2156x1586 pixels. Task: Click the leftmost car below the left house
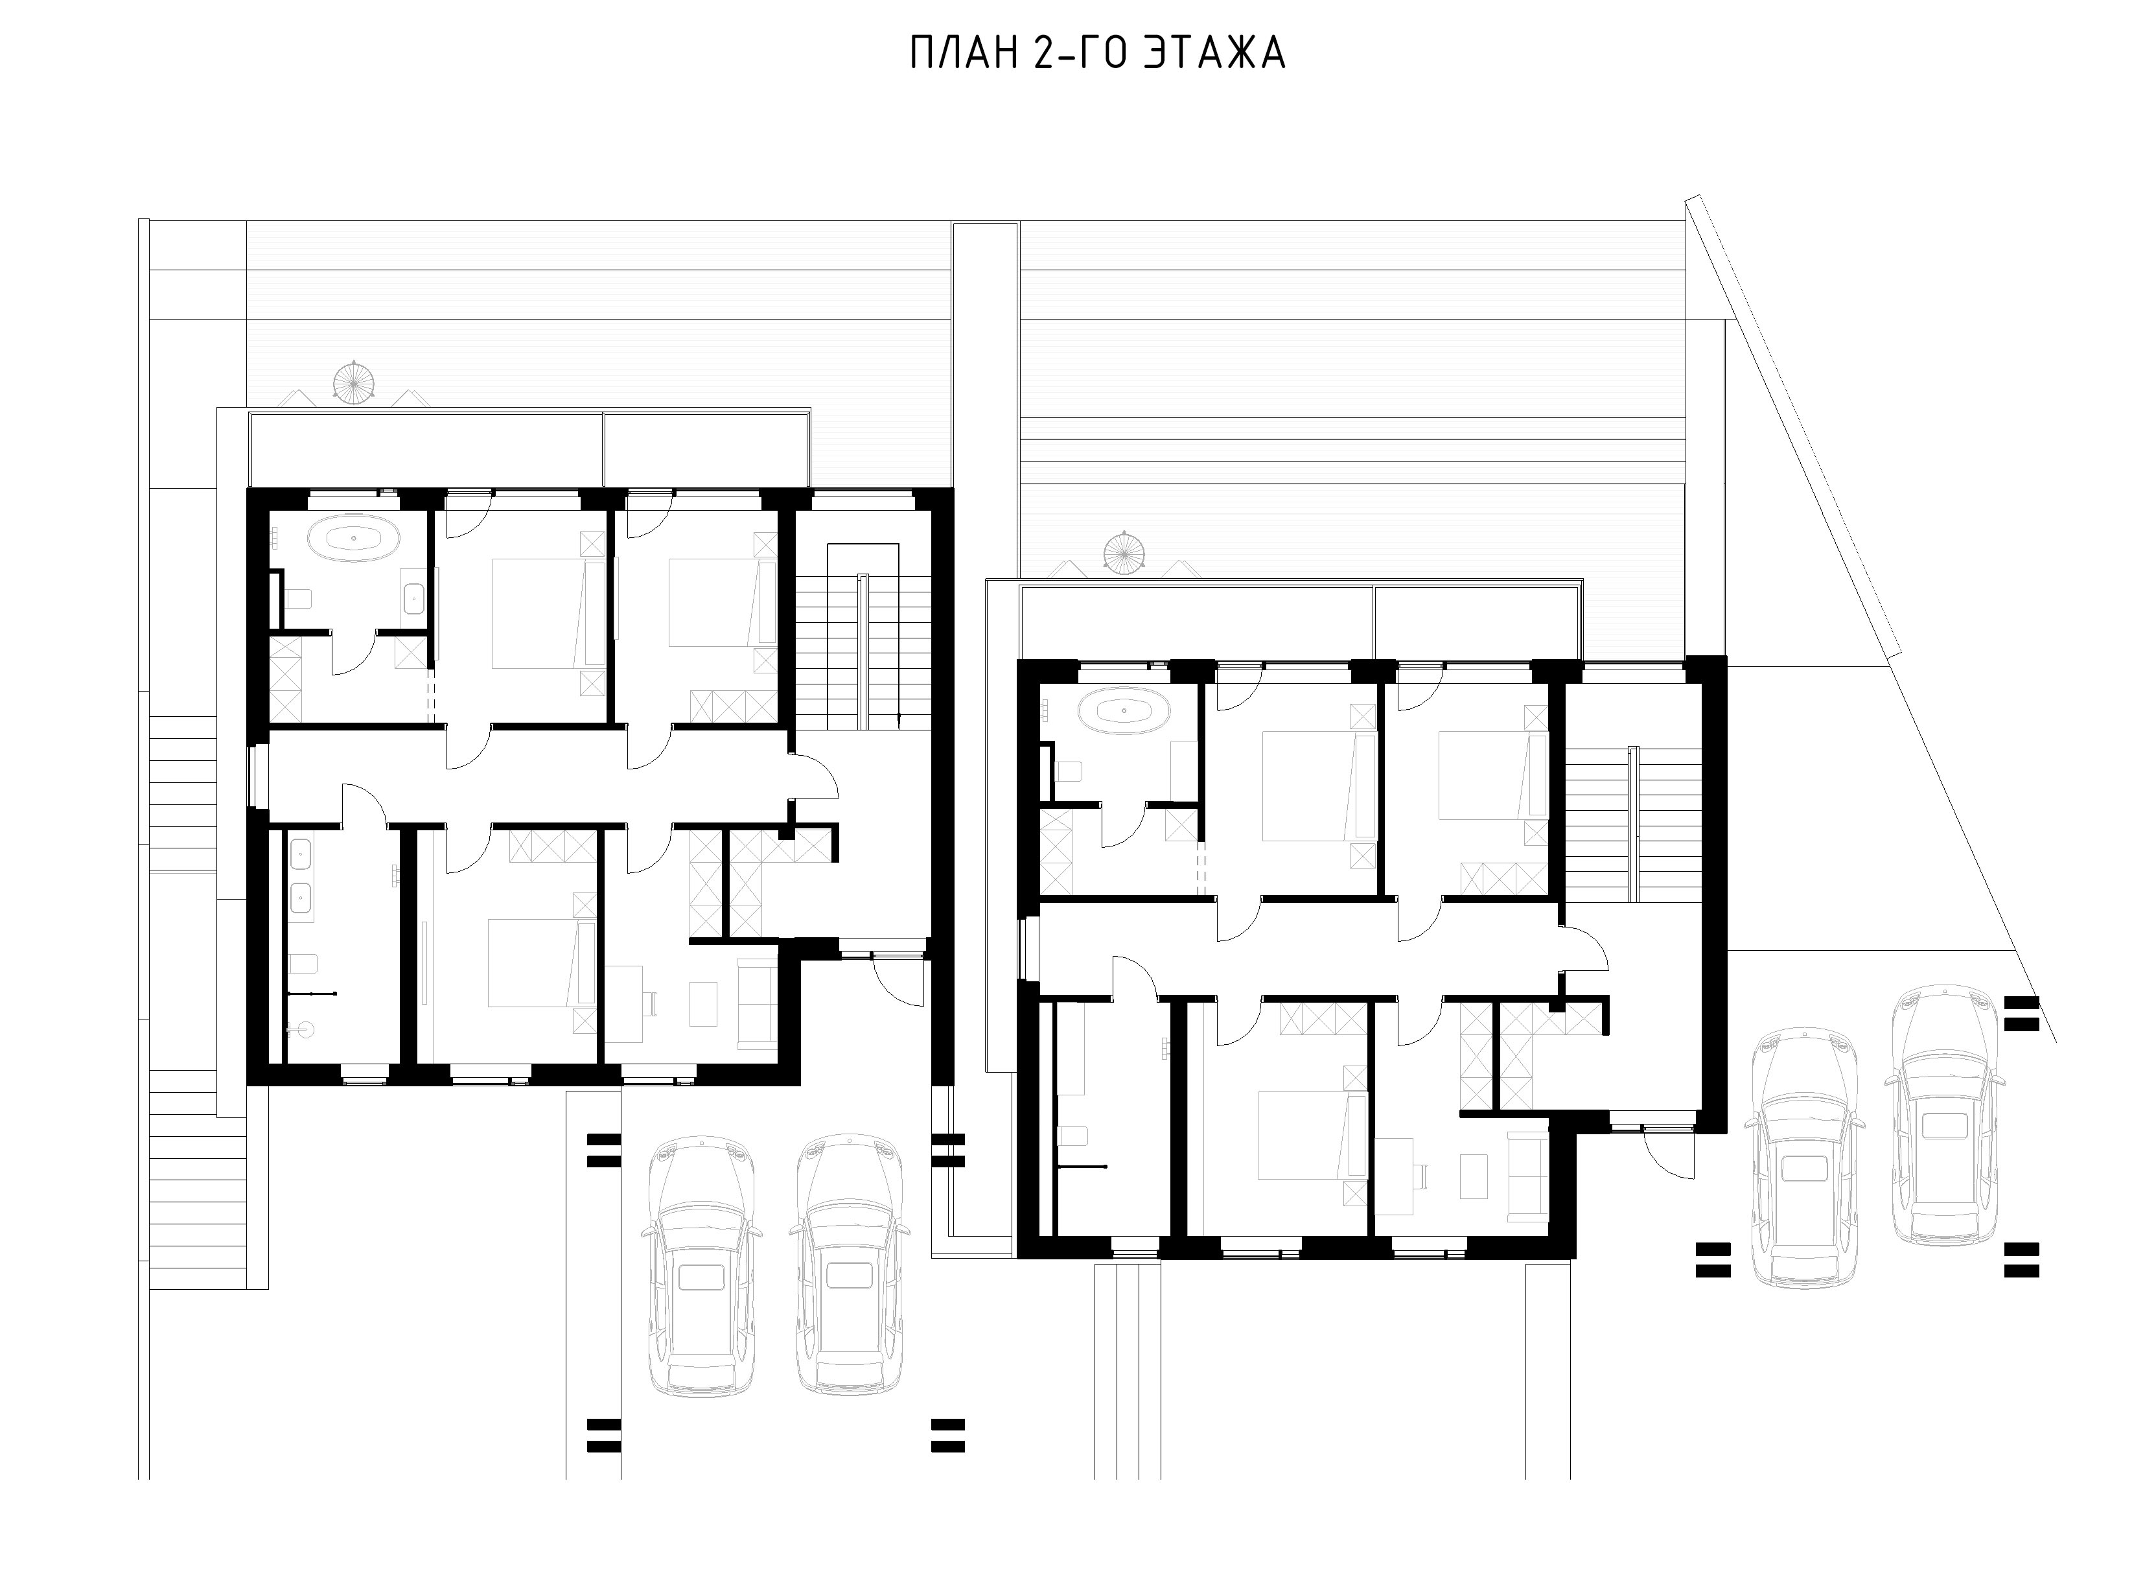coord(704,1265)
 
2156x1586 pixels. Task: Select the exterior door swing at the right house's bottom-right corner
coord(1668,1156)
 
